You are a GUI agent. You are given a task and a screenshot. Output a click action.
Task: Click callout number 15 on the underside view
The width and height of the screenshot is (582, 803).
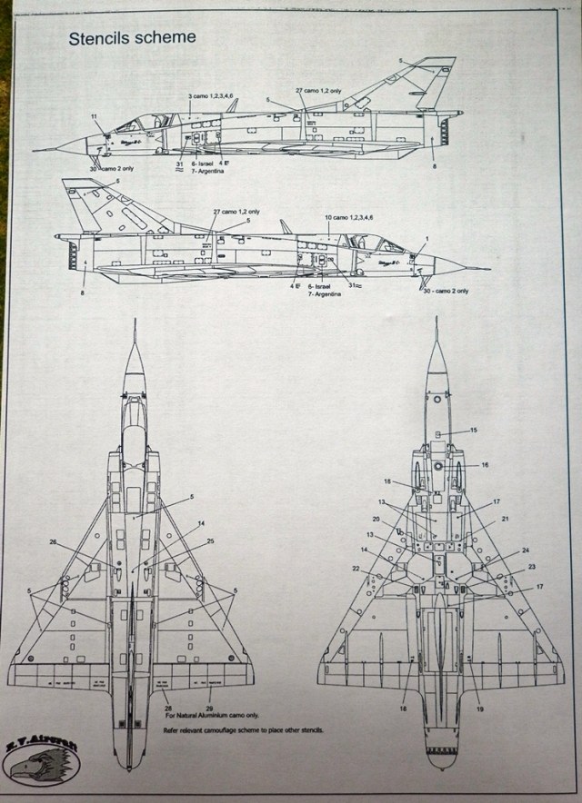click(x=473, y=430)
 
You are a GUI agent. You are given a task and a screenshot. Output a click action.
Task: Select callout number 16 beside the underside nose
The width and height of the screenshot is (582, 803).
click(x=485, y=464)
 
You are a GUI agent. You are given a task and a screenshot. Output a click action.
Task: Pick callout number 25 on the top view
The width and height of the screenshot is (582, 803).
click(x=210, y=542)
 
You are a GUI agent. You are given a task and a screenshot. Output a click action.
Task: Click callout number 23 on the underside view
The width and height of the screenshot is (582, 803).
click(x=531, y=567)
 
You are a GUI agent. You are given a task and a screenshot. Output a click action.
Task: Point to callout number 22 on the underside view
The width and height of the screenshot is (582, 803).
click(x=356, y=570)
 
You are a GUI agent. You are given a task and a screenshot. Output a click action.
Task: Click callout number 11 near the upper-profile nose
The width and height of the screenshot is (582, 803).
click(x=94, y=117)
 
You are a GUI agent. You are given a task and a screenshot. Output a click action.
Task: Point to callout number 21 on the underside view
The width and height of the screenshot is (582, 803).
click(x=505, y=519)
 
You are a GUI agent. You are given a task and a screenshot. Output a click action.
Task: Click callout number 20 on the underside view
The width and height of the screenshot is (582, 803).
click(x=375, y=519)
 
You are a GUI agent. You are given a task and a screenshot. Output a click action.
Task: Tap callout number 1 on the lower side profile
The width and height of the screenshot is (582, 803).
click(x=425, y=238)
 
